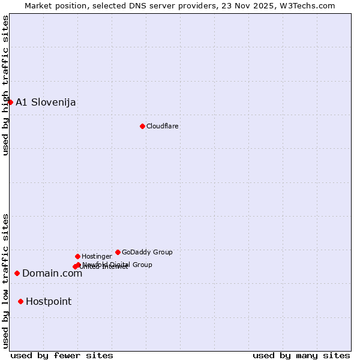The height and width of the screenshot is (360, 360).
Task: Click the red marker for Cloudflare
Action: [x=142, y=126]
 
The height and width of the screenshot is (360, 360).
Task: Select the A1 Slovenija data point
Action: [x=10, y=102]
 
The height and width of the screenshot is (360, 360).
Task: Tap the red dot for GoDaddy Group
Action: [x=118, y=252]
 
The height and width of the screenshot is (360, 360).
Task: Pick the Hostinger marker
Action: [x=77, y=256]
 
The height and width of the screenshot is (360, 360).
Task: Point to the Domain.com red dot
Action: [x=17, y=273]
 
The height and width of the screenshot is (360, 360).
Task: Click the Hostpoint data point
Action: [x=20, y=301]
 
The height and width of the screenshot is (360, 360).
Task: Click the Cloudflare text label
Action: [x=163, y=126]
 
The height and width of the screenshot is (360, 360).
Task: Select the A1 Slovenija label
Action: [x=46, y=102]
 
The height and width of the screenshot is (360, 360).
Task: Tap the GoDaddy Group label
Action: [x=147, y=252]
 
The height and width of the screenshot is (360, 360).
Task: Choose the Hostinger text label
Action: [x=97, y=256]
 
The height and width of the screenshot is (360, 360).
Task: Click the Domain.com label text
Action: [x=52, y=274]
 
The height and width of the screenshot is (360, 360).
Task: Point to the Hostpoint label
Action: [x=49, y=302]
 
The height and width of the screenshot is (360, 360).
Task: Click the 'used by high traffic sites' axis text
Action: [x=6, y=85]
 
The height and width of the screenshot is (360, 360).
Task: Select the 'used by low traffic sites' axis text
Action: [x=6, y=281]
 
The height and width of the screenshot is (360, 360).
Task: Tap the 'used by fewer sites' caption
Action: [x=62, y=355]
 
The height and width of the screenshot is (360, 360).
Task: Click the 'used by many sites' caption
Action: [x=301, y=355]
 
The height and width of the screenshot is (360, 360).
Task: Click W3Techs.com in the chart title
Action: [x=310, y=6]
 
